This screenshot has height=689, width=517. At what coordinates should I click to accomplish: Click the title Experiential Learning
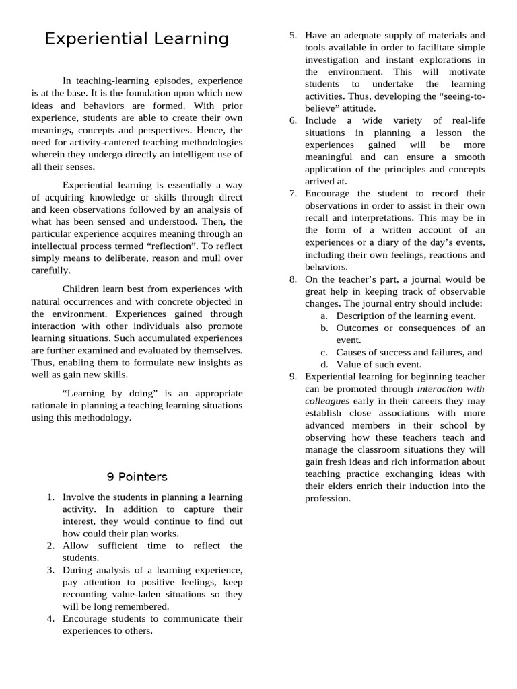coord(137,39)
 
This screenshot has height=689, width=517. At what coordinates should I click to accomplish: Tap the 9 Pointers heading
coord(137,477)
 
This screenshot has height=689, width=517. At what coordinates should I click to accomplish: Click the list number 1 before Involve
coord(50,497)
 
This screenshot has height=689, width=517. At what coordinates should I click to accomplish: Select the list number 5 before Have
coord(293,35)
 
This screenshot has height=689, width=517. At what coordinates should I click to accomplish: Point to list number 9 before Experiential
coord(293,377)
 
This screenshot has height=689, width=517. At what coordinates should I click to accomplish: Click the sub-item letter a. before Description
coord(324,316)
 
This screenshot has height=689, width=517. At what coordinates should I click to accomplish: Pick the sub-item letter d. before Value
coord(324,365)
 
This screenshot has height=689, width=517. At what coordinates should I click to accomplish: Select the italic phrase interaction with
coord(450,389)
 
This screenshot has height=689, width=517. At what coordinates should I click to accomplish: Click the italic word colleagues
coord(327,401)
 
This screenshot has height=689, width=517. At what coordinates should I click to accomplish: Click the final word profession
coord(328,499)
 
